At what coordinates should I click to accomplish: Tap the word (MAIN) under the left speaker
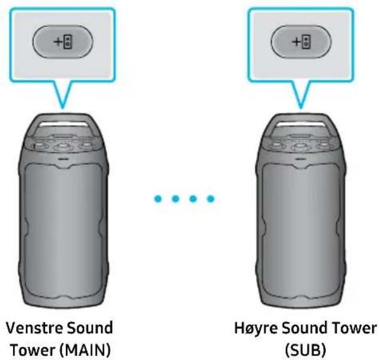point(85,350)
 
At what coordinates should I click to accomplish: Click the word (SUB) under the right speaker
point(305,350)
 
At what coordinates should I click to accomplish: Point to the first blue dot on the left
point(158,199)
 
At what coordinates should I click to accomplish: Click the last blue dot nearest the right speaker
point(210,199)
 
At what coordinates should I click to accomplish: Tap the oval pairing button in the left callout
point(62,41)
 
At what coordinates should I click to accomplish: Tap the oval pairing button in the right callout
point(301,41)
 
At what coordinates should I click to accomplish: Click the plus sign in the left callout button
point(58,42)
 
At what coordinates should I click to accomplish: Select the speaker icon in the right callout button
point(306,42)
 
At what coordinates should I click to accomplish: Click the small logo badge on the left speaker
point(64,159)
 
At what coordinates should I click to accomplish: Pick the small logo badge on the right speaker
point(301,159)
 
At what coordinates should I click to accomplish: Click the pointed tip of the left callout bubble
point(63,108)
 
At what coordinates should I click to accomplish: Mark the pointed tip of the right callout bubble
point(301,108)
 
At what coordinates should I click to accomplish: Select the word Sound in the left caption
point(90,328)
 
